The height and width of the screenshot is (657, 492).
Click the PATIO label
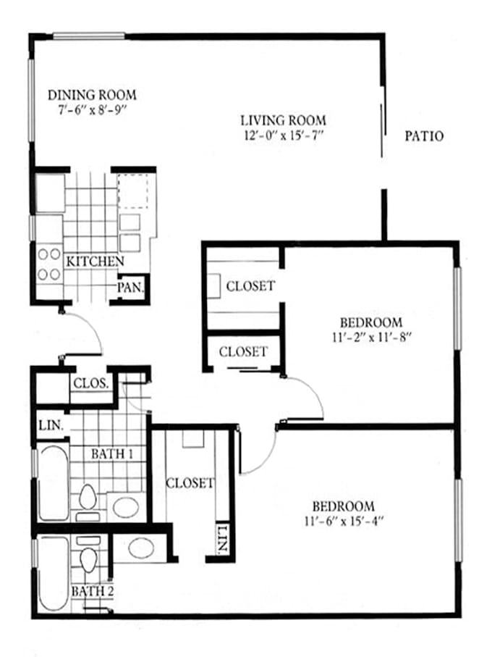pos(424,136)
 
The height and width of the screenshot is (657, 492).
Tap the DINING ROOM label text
pos(92,95)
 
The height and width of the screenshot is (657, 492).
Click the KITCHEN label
pos(95,261)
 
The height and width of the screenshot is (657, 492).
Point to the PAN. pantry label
pos(131,288)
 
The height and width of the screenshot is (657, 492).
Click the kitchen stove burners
pos(49,264)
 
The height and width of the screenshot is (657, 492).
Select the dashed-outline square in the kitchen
pos(132,191)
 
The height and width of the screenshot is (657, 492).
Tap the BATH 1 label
pos(112,453)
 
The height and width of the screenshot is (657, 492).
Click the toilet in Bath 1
pos(88,502)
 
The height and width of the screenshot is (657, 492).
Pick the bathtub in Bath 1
pos(54,482)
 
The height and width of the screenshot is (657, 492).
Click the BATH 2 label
pos(93,592)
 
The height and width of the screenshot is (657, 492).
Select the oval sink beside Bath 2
pos(141,548)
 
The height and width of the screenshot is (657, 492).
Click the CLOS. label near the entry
pos(91,383)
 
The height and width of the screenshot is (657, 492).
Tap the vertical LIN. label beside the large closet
pos(223,538)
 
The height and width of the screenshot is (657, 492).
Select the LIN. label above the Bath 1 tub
pos(51,426)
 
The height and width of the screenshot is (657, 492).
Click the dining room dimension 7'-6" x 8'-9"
pos(92,111)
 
